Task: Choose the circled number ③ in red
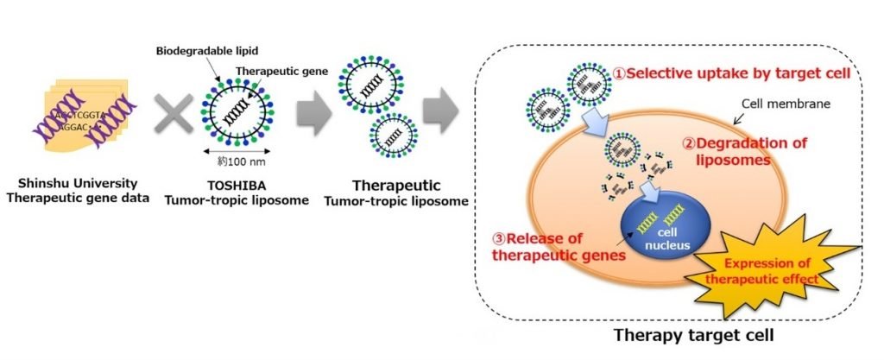(x=499, y=238)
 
